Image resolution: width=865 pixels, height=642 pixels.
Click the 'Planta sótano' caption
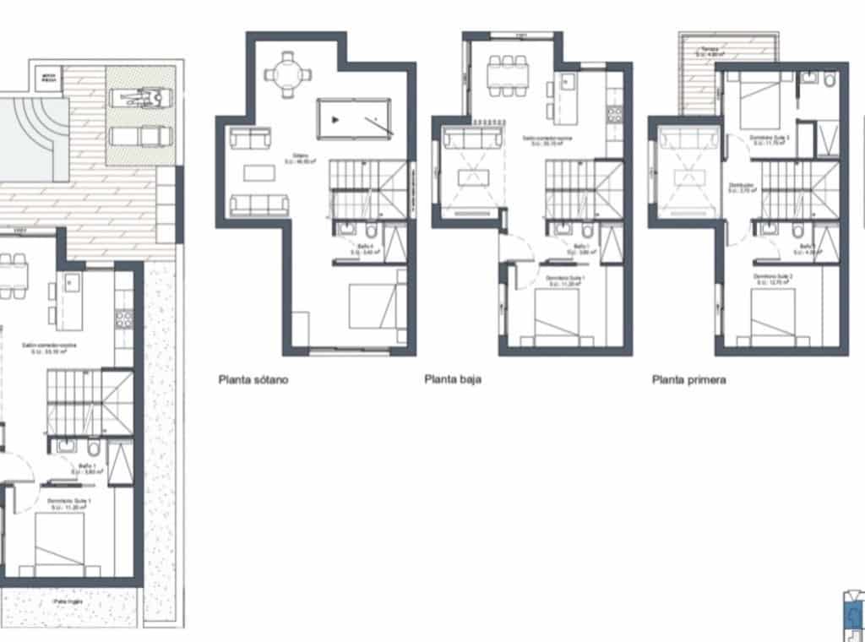click(x=253, y=380)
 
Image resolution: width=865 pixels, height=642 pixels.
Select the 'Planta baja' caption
click(x=452, y=380)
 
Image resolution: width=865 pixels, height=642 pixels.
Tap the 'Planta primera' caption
click(x=688, y=380)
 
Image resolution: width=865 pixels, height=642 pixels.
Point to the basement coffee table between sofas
click(x=258, y=172)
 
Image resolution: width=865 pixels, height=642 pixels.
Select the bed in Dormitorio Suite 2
click(x=773, y=317)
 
